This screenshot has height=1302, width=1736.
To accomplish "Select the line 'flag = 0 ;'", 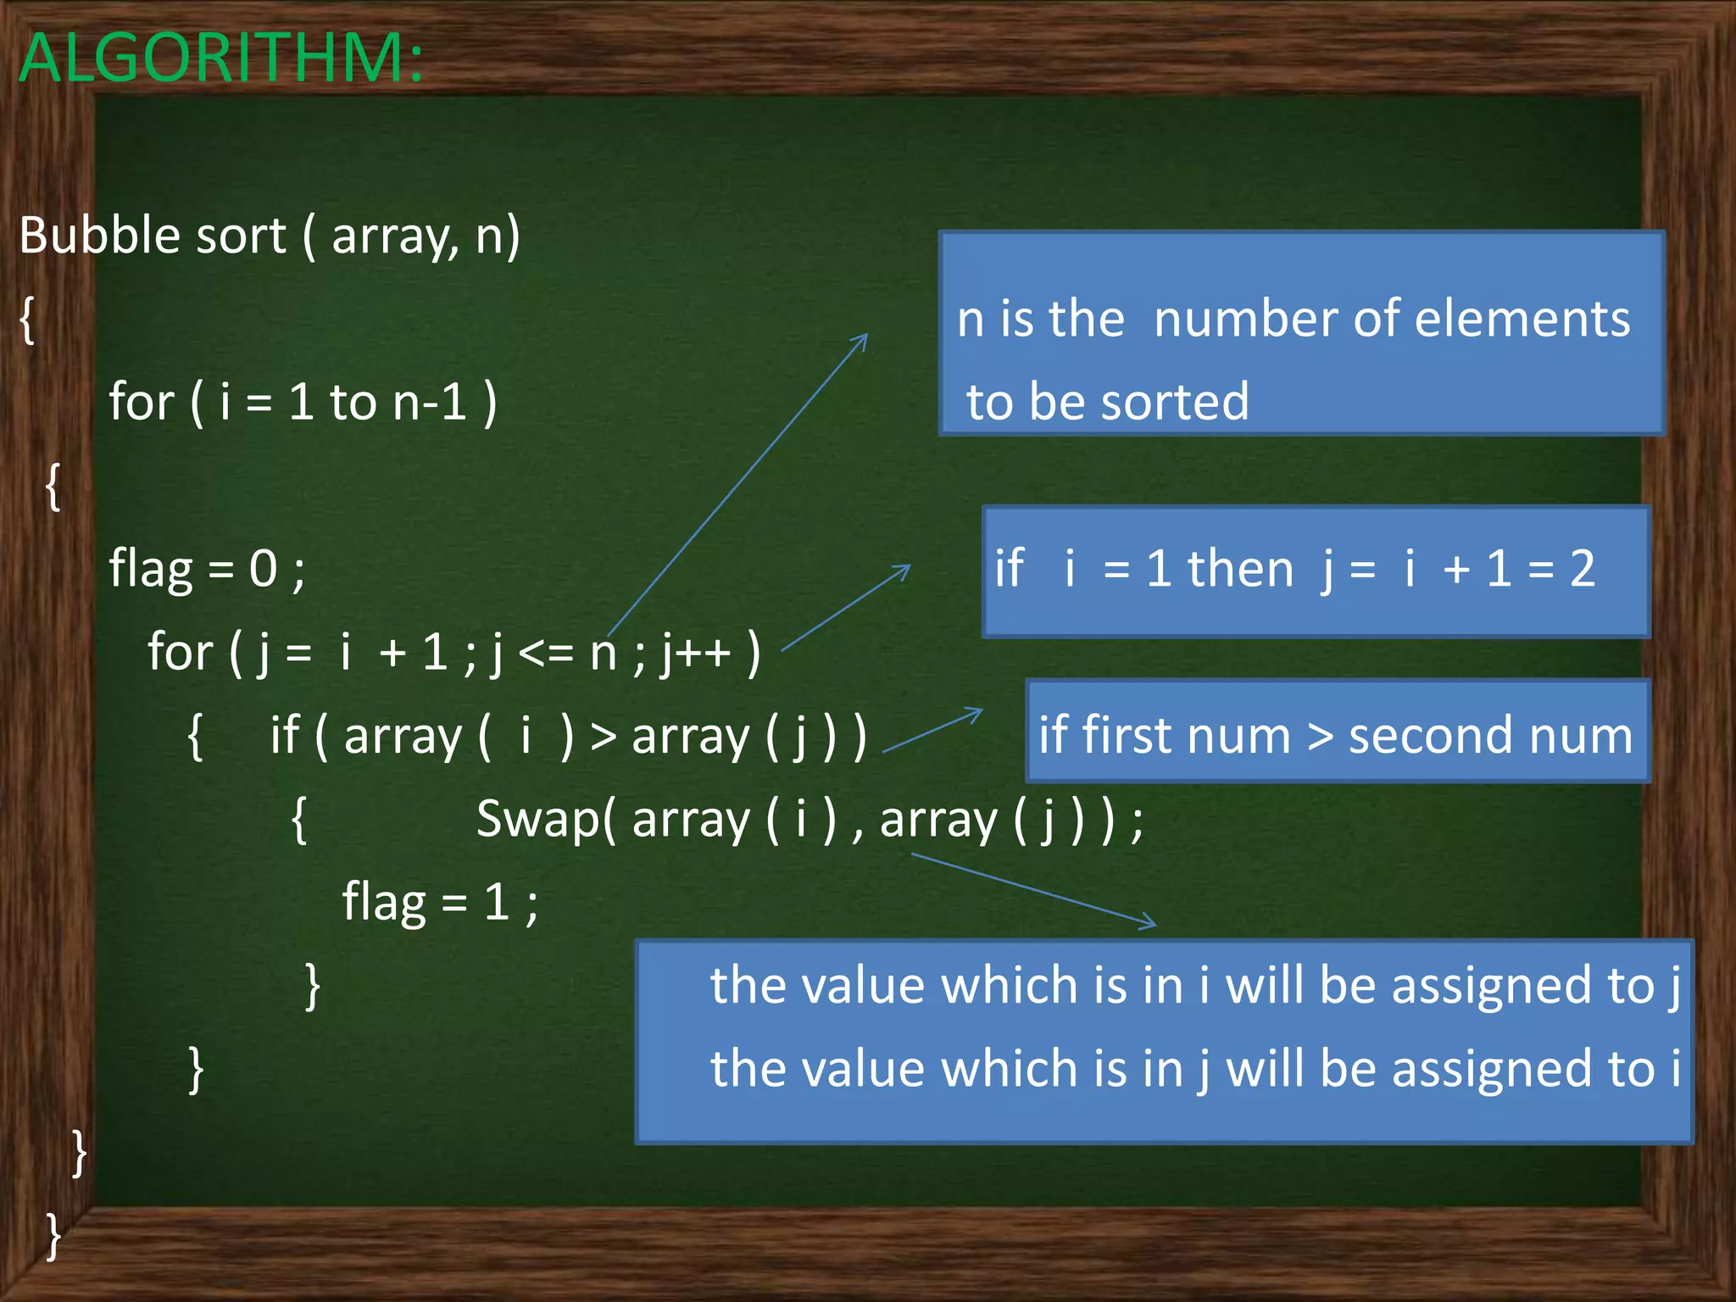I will [x=207, y=569].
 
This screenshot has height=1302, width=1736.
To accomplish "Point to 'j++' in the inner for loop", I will [x=696, y=653].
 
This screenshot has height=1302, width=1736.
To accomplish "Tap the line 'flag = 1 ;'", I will [x=440, y=902].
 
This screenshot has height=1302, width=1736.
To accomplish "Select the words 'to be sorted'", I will [x=1108, y=402].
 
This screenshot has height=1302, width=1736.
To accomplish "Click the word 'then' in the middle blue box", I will [x=1240, y=569].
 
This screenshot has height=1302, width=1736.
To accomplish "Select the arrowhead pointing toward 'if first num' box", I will [x=977, y=713].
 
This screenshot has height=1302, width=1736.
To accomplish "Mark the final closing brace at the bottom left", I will [x=53, y=1236].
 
